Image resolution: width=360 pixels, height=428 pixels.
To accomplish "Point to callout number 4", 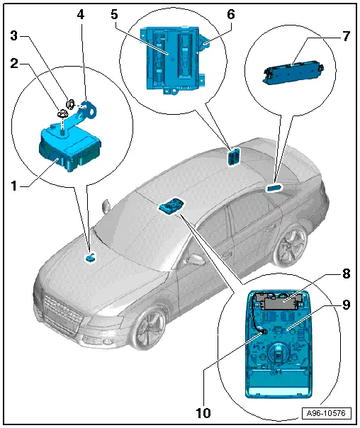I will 81,13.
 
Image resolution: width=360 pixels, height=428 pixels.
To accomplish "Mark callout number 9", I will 346,304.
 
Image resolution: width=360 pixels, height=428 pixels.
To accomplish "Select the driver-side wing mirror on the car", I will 106,207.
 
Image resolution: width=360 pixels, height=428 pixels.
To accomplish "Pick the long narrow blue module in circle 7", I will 291,70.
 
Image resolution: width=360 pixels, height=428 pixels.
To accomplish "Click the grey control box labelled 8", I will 279,303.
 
